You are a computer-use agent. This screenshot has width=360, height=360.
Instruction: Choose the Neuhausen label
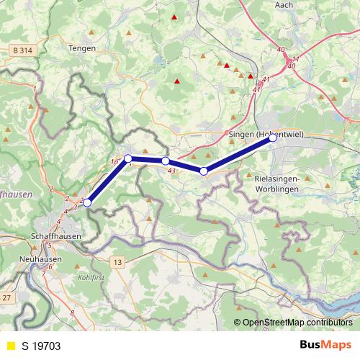[41, 258]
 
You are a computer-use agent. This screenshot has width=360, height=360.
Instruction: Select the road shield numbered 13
[117, 261]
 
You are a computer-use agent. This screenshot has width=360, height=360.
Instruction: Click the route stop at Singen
[273, 138]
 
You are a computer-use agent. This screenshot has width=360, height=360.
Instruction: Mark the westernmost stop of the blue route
[87, 202]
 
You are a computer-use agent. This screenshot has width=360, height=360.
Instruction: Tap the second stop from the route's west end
[127, 158]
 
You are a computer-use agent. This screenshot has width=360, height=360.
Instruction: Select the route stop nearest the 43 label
[165, 161]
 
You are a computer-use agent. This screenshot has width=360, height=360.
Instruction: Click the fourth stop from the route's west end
[204, 171]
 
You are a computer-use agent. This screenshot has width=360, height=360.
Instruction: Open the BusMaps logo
[327, 346]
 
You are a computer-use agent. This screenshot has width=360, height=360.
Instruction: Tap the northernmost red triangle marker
[174, 16]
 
